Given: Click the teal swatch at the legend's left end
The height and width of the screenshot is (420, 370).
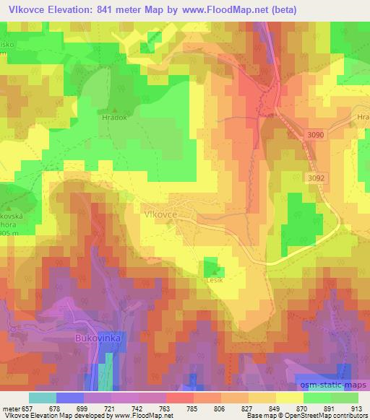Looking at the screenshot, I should click(43, 398).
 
